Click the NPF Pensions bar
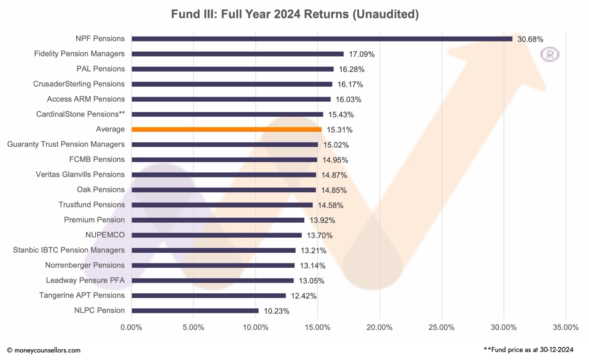click(321, 39)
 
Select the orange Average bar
click(227, 129)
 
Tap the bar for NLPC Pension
click(195, 311)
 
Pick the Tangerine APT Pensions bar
click(209, 295)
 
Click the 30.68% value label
click(530, 39)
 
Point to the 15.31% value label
click(339, 130)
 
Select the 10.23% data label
click(276, 311)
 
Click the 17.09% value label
click(361, 54)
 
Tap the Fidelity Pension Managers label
click(80, 54)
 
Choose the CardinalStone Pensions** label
click(80, 114)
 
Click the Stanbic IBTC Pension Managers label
click(69, 250)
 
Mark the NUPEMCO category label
click(105, 235)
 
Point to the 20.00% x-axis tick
click(380, 328)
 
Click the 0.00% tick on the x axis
click(131, 328)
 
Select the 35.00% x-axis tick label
click(565, 328)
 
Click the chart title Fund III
click(294, 14)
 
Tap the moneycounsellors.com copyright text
click(44, 350)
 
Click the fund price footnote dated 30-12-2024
click(528, 350)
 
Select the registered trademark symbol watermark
click(550, 54)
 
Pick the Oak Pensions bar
click(224, 190)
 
